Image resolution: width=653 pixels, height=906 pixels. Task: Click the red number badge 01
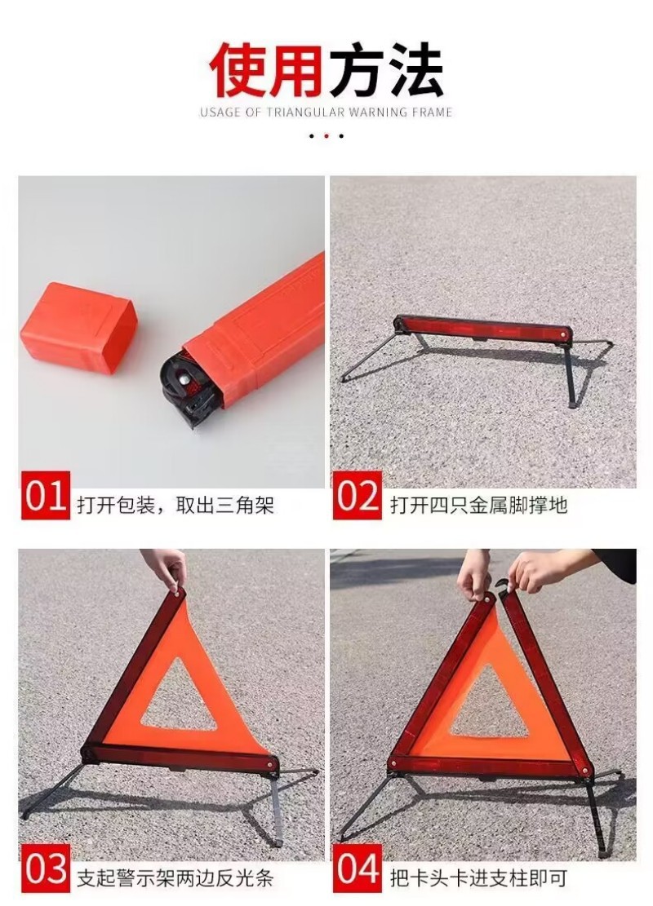pyautogui.click(x=46, y=496)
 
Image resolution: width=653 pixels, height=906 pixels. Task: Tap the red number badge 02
pyautogui.click(x=358, y=496)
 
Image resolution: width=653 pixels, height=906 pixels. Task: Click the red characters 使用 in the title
pyautogui.click(x=266, y=69)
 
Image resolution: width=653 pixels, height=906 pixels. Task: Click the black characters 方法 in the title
pyautogui.click(x=386, y=69)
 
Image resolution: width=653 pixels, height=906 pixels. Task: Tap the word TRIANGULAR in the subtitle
pyautogui.click(x=305, y=112)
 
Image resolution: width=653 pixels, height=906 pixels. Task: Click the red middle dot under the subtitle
pyautogui.click(x=326, y=135)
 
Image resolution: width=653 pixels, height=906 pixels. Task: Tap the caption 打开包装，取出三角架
pyautogui.click(x=175, y=506)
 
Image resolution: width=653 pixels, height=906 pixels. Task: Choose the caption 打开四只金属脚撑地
pyautogui.click(x=478, y=506)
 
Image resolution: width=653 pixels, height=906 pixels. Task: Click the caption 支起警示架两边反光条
pyautogui.click(x=175, y=879)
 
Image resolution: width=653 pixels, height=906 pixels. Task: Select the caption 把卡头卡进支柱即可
pyautogui.click(x=478, y=879)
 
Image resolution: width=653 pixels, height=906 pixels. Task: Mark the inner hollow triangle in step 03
pyautogui.click(x=180, y=700)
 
